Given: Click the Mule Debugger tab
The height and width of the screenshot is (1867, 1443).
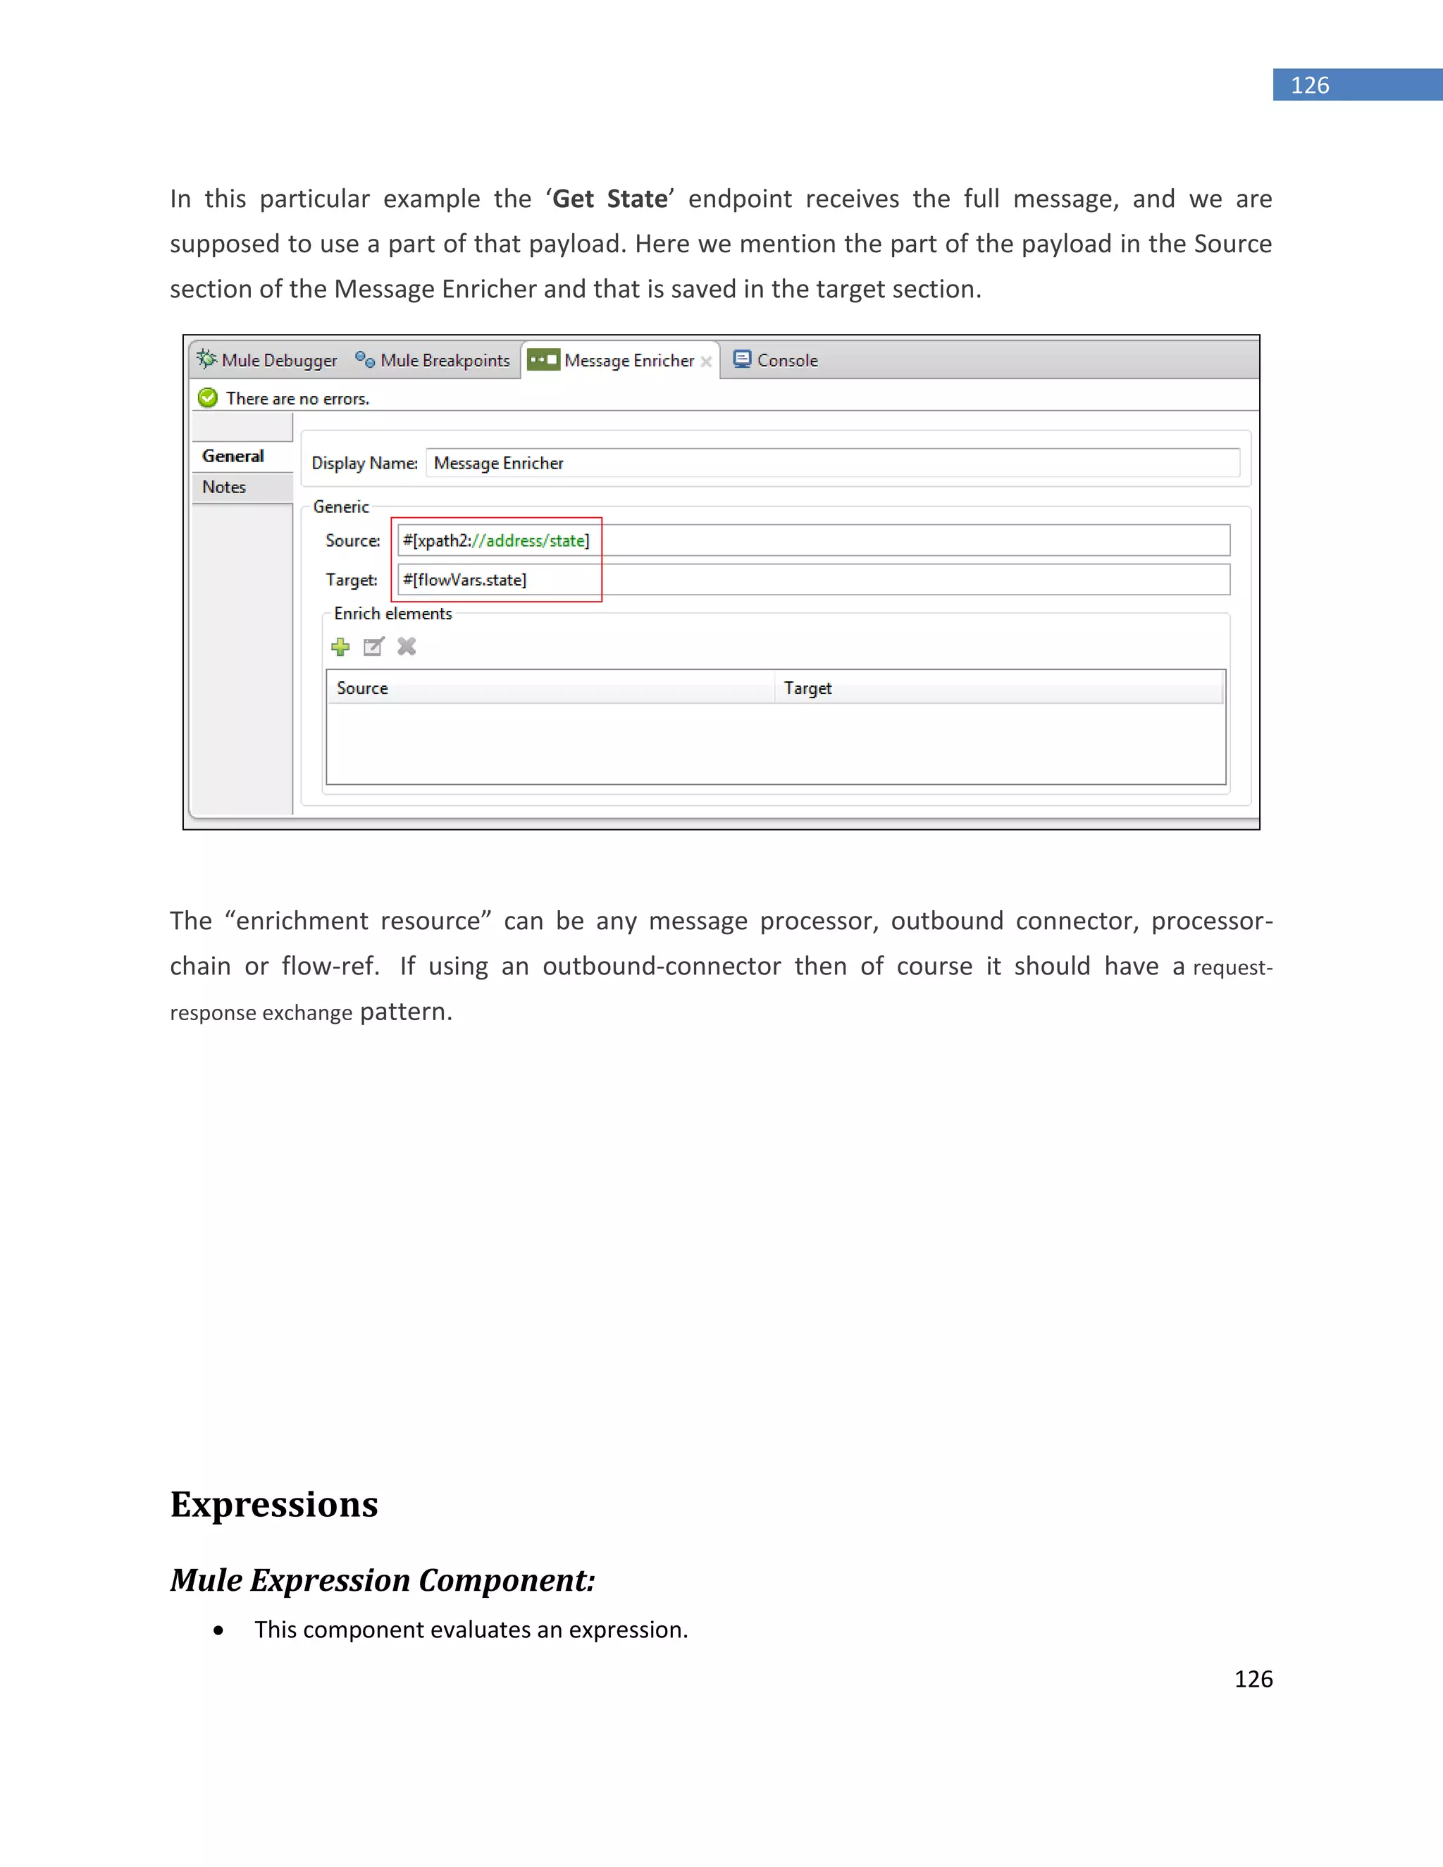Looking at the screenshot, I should click(x=267, y=360).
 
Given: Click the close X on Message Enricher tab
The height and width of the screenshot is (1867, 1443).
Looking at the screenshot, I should click(x=706, y=361).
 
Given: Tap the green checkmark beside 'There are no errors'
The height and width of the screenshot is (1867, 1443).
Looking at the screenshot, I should click(x=208, y=397).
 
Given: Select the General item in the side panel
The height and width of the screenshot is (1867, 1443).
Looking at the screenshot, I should click(x=233, y=456).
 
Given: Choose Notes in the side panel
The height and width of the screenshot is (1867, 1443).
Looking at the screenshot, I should click(x=225, y=488).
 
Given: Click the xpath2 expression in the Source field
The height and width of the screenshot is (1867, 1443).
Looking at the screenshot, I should click(x=496, y=540).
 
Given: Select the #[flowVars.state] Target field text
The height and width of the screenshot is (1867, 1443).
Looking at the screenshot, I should click(x=464, y=580).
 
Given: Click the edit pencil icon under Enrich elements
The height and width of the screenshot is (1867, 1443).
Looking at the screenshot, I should click(x=373, y=647).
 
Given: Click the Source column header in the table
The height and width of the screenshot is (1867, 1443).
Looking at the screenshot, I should click(x=362, y=688).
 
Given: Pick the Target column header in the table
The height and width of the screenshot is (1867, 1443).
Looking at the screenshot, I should click(x=808, y=688).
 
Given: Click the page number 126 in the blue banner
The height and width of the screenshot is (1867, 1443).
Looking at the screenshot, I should click(x=1310, y=85).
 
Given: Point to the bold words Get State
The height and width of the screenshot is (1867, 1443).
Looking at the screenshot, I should click(x=609, y=199).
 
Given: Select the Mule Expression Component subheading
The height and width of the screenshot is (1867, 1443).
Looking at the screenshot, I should click(x=382, y=1580).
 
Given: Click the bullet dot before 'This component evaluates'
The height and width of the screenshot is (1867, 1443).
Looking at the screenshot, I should click(x=219, y=1631).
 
